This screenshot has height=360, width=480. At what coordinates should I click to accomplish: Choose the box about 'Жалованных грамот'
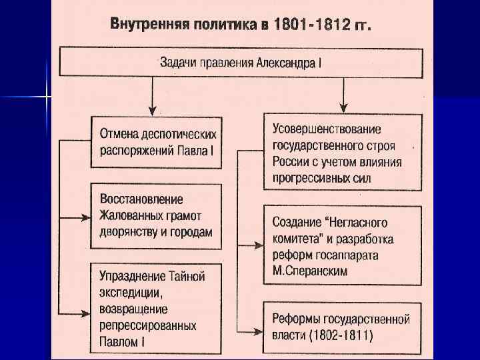156,215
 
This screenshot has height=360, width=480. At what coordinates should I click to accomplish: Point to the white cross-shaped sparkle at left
46,97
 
